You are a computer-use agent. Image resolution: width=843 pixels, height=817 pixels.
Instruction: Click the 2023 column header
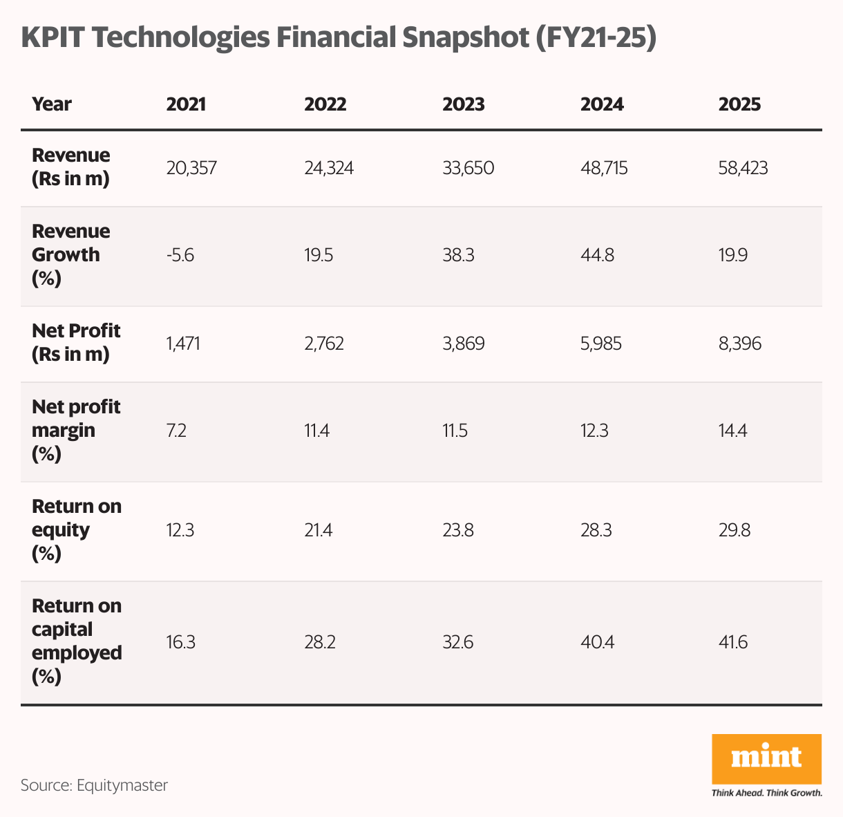(x=463, y=104)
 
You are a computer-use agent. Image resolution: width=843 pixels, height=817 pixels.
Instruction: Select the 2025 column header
(x=739, y=104)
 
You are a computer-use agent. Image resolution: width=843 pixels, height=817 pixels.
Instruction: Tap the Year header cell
(x=52, y=104)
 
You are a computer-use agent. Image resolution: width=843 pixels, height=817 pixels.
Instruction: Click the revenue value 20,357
(x=191, y=168)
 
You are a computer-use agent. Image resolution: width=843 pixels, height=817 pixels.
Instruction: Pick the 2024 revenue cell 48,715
(x=604, y=168)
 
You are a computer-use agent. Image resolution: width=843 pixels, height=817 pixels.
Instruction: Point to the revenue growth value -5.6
(x=180, y=256)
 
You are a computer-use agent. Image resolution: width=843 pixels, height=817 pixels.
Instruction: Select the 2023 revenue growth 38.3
(x=457, y=256)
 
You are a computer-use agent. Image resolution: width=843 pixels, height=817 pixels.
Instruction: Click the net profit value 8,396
(x=739, y=344)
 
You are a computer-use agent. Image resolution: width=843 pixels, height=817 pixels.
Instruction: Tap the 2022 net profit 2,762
(x=324, y=344)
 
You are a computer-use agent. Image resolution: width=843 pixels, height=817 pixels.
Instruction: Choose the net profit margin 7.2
(x=176, y=431)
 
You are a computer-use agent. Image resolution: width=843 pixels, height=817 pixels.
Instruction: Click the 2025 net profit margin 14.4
(x=733, y=431)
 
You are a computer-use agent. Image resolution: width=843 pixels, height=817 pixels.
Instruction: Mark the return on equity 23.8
(x=457, y=531)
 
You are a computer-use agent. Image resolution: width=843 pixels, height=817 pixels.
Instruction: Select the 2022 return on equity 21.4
(x=319, y=531)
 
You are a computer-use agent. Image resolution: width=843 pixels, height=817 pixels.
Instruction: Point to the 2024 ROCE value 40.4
(x=597, y=642)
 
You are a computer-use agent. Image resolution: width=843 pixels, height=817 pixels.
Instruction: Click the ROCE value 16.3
(x=180, y=642)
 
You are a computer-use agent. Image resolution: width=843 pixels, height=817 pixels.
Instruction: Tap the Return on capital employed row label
(x=76, y=641)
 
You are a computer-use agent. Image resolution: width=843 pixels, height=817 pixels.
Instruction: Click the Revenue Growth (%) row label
(x=70, y=254)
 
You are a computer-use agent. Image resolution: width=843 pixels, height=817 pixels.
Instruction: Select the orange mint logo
(x=766, y=758)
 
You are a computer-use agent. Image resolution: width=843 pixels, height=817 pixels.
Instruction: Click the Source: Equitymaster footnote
(x=94, y=785)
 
